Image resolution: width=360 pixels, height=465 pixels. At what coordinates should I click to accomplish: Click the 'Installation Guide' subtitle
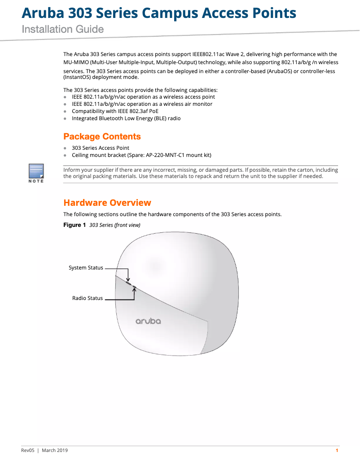pos(63,30)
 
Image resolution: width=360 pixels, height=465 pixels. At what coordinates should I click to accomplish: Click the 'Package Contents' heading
pos(102,136)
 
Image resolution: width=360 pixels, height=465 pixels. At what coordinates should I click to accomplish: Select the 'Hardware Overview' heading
pos(107,203)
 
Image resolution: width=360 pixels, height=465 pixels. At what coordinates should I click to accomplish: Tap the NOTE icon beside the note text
pos(36,173)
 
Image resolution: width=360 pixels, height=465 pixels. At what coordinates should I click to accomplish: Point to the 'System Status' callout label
pos(86,268)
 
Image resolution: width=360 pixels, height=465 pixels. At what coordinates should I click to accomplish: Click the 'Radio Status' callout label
pos(88,298)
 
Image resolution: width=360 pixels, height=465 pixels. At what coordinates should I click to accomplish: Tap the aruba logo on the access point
pos(148,321)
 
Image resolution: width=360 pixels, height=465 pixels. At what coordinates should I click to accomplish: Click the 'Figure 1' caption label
pos(75,225)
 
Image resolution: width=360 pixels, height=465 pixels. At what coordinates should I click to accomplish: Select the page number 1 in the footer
pos(337,450)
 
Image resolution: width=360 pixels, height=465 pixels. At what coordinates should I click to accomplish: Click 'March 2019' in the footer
pos(55,450)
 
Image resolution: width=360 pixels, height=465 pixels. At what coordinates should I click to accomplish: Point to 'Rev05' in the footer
pos(28,450)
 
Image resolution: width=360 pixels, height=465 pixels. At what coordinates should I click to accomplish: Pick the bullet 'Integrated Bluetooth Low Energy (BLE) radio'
pos(126,118)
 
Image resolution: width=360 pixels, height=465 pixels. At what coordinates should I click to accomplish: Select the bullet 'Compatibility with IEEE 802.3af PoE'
pos(115,111)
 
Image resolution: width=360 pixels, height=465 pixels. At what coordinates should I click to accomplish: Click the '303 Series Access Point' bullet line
pos(101,148)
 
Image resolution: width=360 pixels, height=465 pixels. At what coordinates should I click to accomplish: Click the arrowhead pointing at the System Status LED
pos(128,280)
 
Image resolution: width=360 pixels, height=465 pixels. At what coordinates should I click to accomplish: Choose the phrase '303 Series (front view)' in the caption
pos(115,225)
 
